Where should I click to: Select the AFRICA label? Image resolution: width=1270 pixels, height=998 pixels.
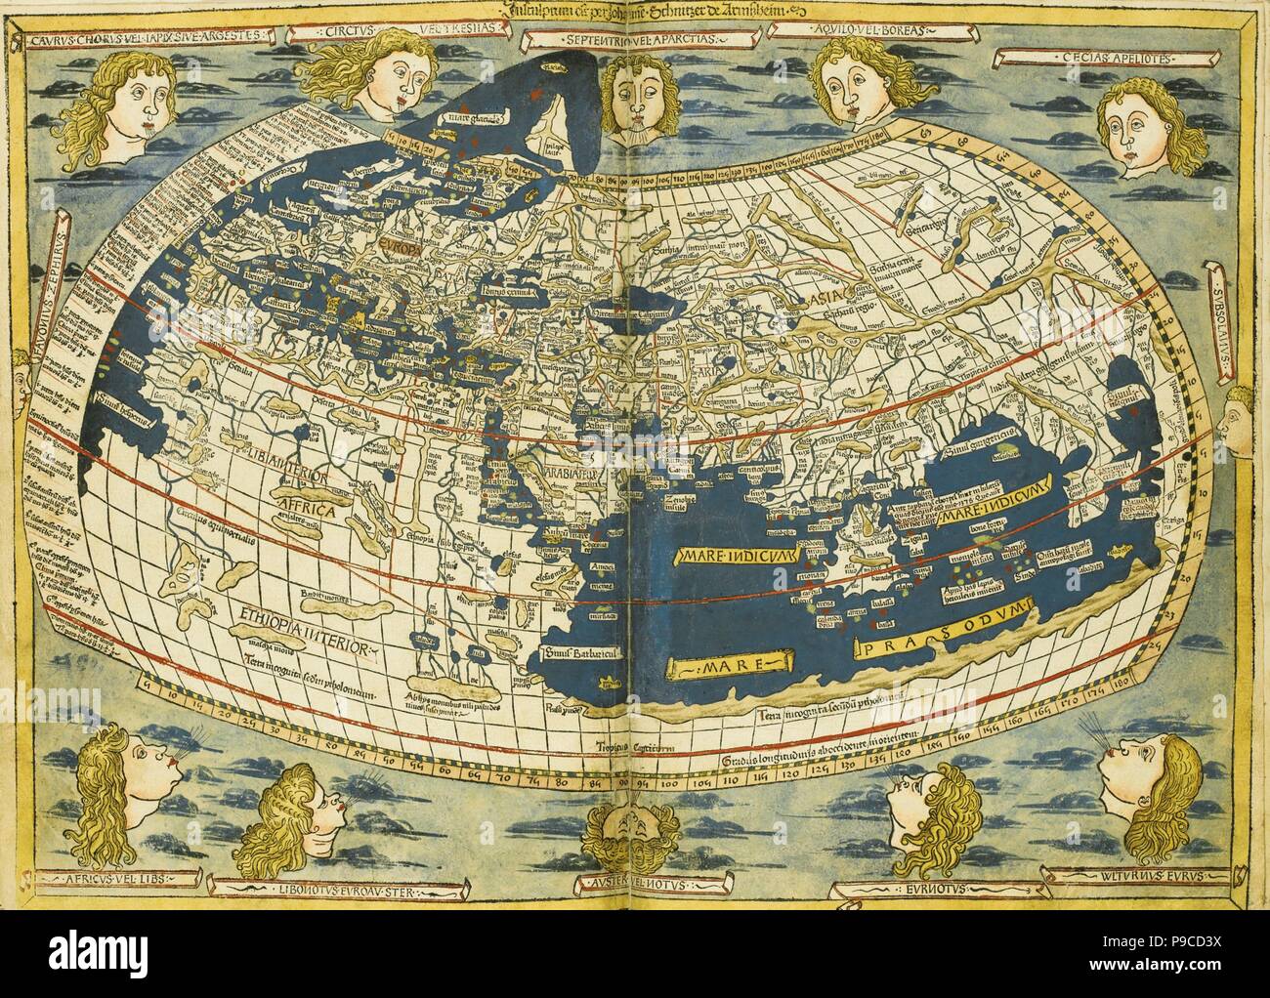pyautogui.click(x=304, y=510)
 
